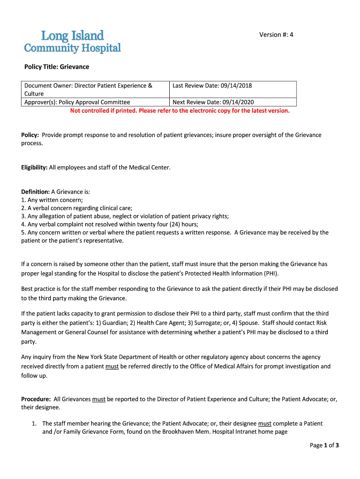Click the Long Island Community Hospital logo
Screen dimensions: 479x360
(72, 42)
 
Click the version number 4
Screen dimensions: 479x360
(291, 35)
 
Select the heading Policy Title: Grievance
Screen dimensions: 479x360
(57, 67)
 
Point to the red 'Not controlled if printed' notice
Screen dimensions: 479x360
(180, 111)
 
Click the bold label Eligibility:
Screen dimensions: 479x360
(35, 167)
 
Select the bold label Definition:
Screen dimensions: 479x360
(36, 192)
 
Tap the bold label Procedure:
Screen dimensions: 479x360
(36, 399)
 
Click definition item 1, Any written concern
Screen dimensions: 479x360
(52, 200)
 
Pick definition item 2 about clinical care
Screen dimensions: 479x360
(77, 208)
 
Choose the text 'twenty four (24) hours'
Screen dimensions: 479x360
(172, 224)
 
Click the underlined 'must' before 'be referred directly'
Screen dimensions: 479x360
(112, 366)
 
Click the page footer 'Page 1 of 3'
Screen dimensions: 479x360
(324, 445)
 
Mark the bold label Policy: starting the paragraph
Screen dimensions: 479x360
(30, 135)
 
